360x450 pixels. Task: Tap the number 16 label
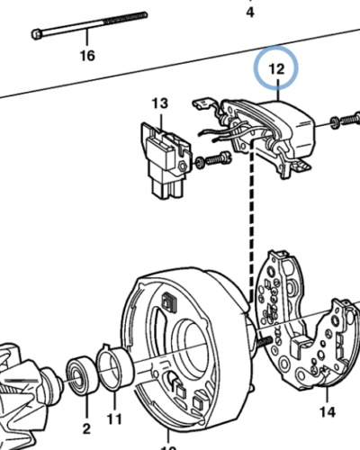(x=86, y=56)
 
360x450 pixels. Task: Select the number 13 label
(x=159, y=103)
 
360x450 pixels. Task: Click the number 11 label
(x=113, y=418)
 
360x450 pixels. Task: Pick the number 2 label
(x=86, y=427)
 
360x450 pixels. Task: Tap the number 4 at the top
(x=250, y=12)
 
